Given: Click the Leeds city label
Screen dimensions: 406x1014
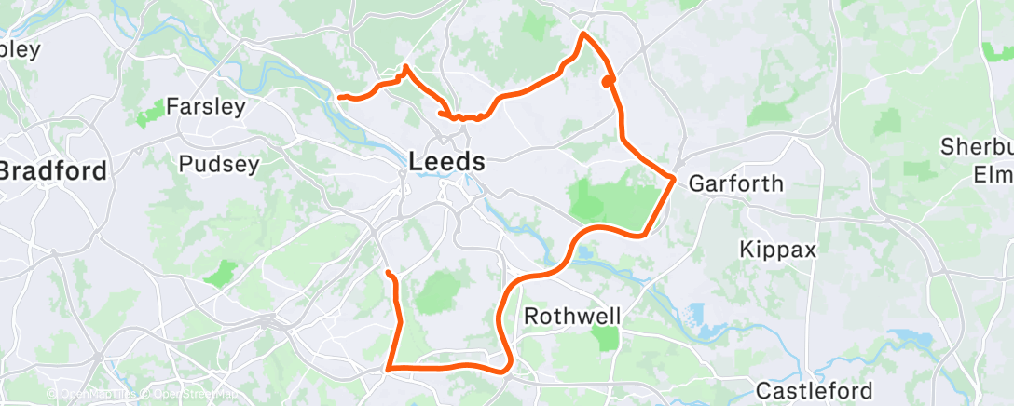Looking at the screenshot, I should (447, 161).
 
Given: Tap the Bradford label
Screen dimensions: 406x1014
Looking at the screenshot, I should (53, 171).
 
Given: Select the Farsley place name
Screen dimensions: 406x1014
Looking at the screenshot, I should (206, 106).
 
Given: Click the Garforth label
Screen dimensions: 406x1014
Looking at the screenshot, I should (735, 183).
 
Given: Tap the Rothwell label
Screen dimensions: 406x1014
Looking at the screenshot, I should (572, 316).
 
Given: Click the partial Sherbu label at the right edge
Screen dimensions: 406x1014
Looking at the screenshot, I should (976, 146).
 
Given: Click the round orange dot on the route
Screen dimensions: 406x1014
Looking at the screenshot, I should (608, 82).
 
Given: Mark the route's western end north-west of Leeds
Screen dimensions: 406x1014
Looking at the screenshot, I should (340, 97).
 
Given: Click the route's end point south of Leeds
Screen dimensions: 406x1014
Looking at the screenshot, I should (388, 272).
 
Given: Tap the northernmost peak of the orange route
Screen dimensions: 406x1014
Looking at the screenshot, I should (583, 34).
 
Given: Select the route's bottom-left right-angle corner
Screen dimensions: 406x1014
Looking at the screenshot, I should (388, 369).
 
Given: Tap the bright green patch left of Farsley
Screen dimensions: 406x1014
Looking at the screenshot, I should (148, 117).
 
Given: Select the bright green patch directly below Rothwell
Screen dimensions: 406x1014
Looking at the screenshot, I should (607, 338).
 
